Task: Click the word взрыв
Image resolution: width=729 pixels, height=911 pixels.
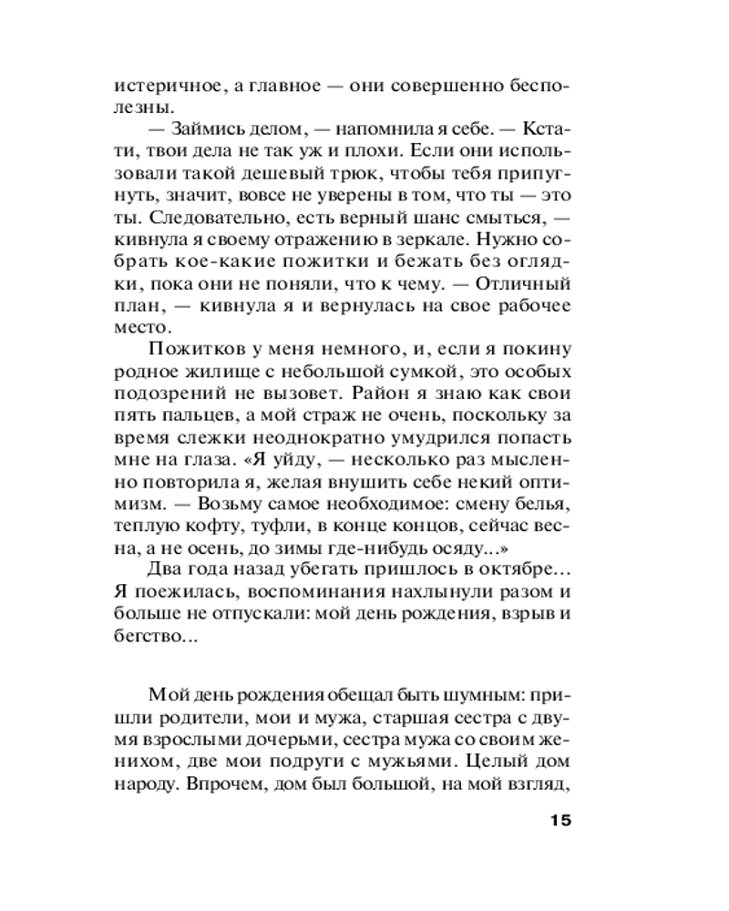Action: coord(529,614)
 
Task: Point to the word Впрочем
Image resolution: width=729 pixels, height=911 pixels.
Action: coord(221,784)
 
